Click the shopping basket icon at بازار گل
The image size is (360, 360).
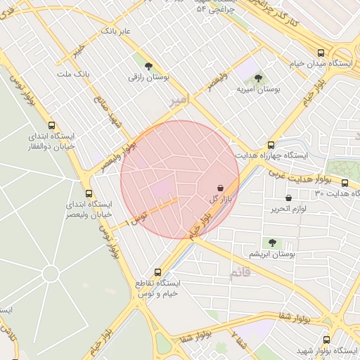221,188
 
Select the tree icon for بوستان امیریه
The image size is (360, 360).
258,78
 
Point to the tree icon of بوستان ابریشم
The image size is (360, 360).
272,243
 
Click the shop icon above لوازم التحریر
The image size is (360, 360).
288,198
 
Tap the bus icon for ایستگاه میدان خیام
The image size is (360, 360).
321,53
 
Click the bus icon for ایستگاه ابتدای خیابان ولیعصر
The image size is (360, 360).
89,193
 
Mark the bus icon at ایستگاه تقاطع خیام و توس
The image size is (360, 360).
157,272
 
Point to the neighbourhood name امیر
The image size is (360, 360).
179,102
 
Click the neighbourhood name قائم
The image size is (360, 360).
239,274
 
